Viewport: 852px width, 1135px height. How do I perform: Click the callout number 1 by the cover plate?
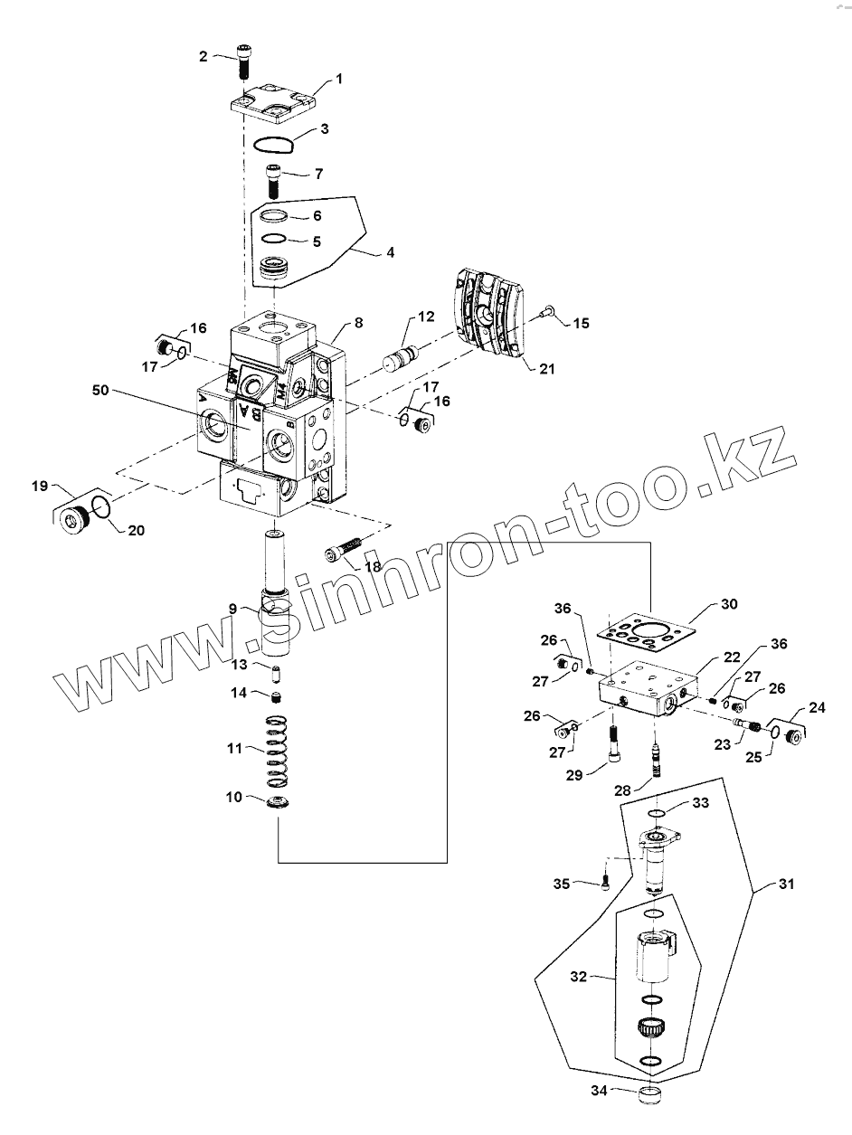click(x=339, y=79)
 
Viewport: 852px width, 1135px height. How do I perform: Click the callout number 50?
click(x=100, y=390)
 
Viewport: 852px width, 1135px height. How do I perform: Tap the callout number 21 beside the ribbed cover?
click(x=547, y=369)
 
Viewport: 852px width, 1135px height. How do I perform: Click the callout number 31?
click(x=785, y=884)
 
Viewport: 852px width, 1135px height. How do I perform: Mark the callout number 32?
click(x=579, y=977)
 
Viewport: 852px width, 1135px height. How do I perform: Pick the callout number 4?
click(x=390, y=252)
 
